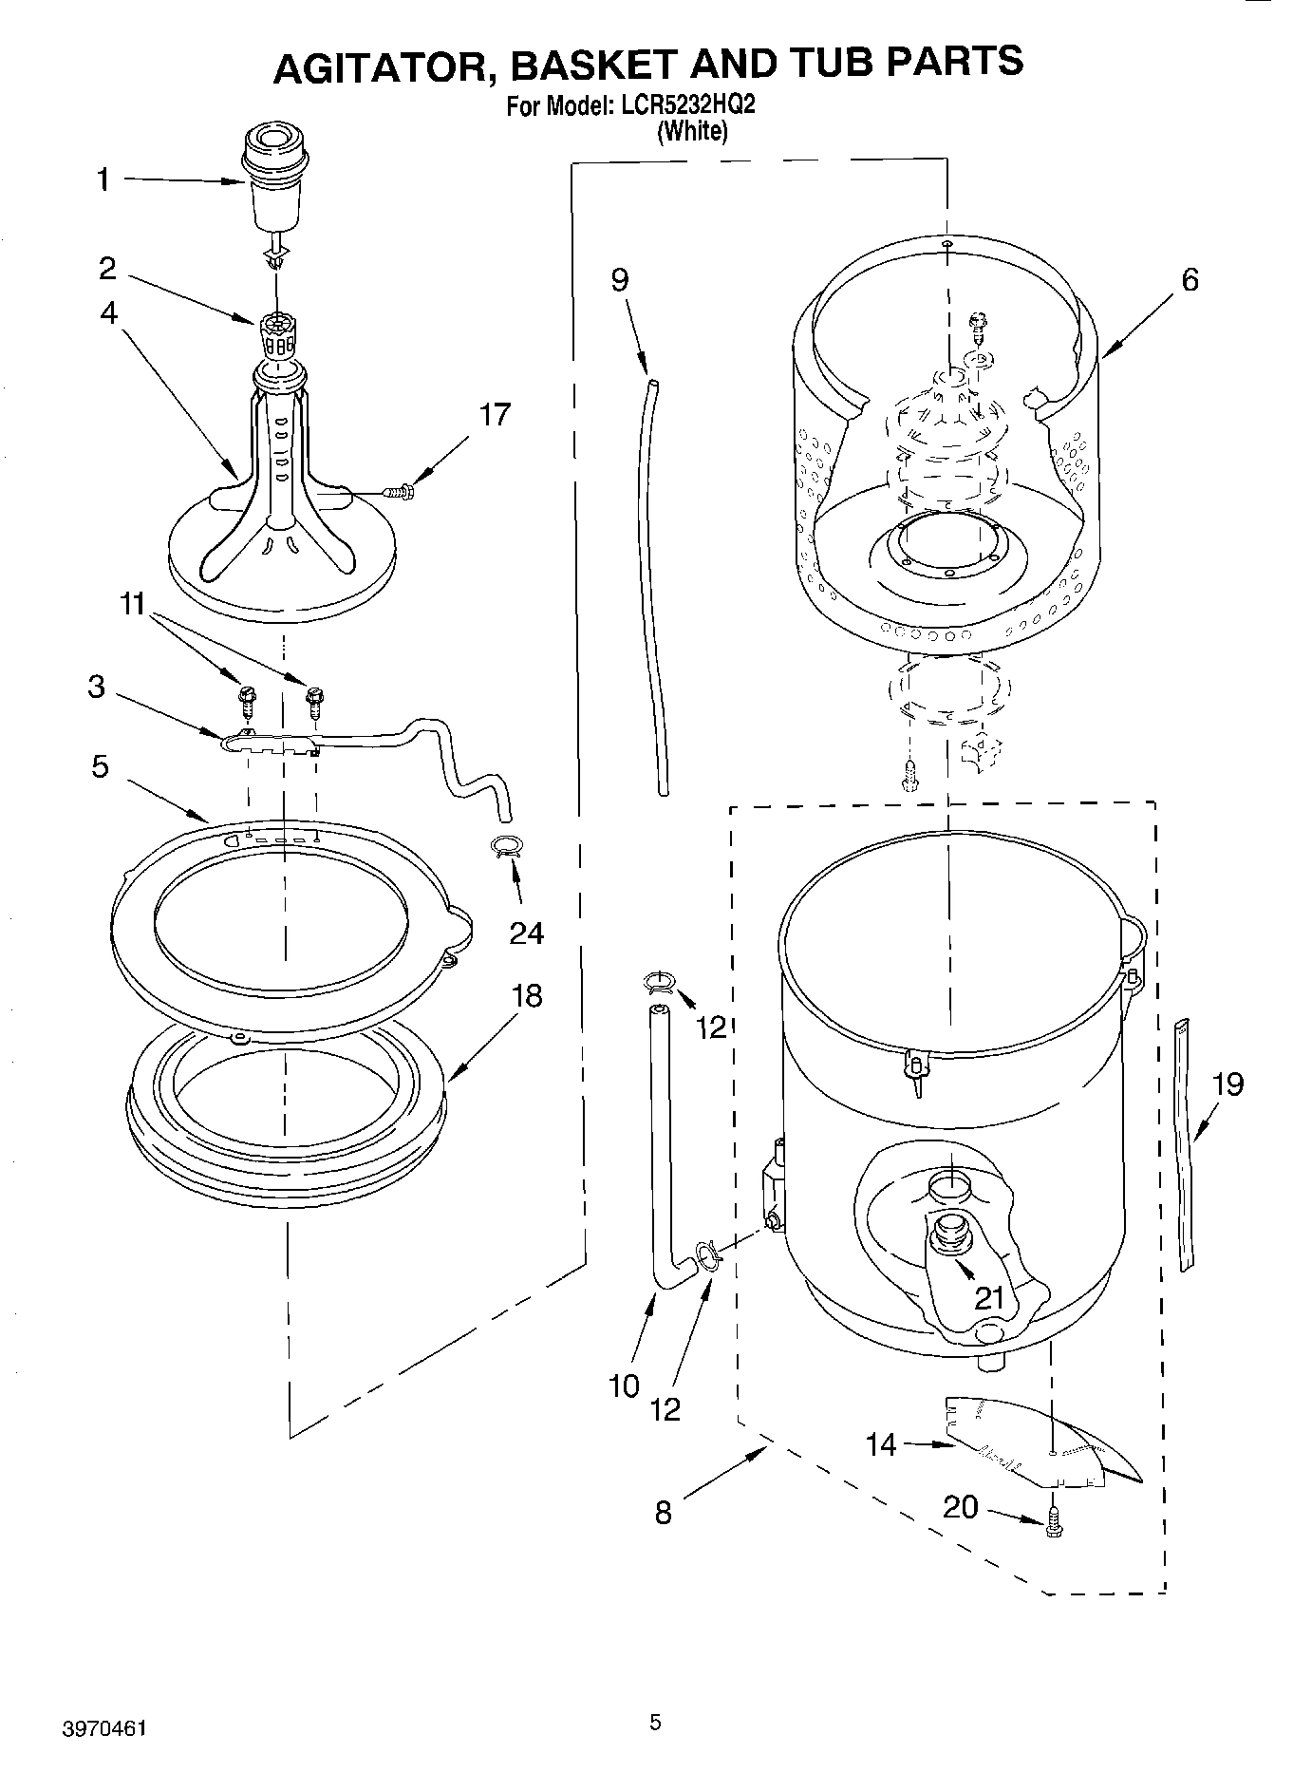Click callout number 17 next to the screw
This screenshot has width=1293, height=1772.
click(494, 415)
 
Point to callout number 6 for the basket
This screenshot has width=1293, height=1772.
click(1190, 280)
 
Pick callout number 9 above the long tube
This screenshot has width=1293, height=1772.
click(619, 280)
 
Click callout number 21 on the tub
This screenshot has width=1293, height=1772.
click(989, 1296)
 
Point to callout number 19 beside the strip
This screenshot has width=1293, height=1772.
click(1227, 1084)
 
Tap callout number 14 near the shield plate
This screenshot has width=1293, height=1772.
click(881, 1444)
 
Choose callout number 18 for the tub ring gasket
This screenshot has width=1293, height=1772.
click(526, 995)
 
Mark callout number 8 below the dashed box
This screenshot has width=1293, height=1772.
click(663, 1512)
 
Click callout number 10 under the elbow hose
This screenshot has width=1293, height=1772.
click(624, 1386)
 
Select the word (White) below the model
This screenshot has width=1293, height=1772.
click(692, 132)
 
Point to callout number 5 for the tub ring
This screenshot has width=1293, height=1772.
click(100, 766)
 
